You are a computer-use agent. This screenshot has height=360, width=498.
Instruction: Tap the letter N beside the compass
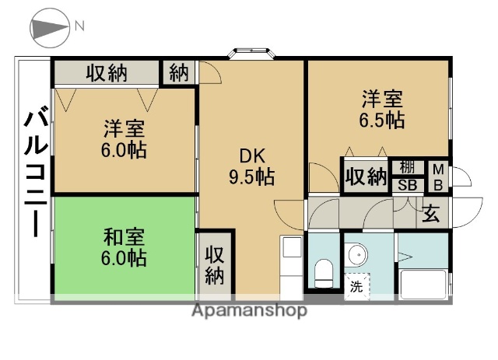click(80, 26)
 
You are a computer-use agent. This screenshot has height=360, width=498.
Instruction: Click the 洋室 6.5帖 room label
click(381, 110)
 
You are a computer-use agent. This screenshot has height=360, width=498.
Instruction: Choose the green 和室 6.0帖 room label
click(124, 245)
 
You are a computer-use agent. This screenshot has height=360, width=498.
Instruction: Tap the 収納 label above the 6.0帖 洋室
click(107, 74)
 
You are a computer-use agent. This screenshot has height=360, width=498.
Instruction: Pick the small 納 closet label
click(179, 74)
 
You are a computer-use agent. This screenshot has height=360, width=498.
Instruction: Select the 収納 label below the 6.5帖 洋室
click(366, 177)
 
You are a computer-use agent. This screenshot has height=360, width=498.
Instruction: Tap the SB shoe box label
click(407, 185)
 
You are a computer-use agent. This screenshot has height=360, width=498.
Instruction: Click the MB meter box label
click(438, 176)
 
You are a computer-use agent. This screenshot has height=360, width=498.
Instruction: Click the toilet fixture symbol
click(324, 272)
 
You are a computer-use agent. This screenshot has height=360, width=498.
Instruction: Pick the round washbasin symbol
click(357, 254)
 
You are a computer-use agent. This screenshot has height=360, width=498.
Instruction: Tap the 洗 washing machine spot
click(356, 286)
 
